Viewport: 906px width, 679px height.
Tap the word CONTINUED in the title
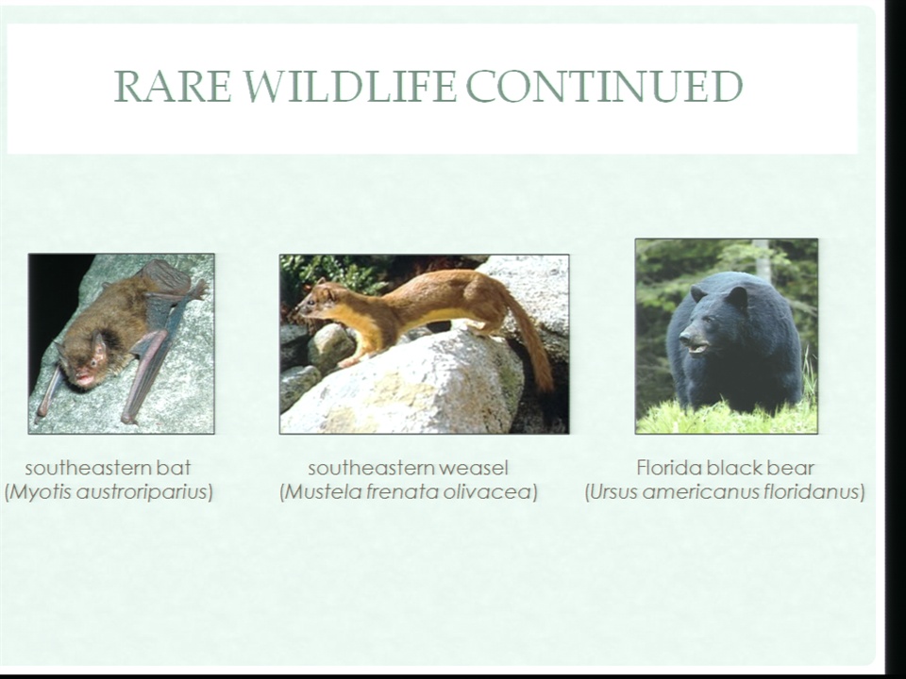tap(604, 86)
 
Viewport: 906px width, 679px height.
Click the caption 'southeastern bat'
tap(108, 468)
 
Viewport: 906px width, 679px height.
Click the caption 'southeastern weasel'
tap(408, 468)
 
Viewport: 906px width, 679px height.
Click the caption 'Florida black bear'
tap(725, 468)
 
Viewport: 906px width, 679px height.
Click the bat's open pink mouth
tap(84, 379)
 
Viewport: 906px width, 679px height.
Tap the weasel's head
tap(318, 300)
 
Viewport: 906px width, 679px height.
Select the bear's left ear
tap(736, 297)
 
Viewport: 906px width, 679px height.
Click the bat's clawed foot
tap(198, 289)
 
